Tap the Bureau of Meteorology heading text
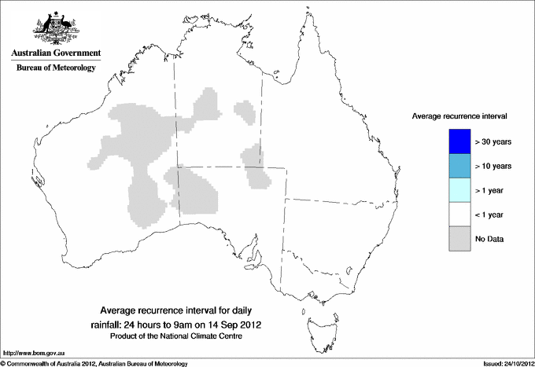pos(56,68)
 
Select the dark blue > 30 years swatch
pos(459,141)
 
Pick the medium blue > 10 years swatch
pos(459,166)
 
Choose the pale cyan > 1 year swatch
pos(459,190)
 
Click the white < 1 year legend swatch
pos(459,215)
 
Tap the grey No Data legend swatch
pos(459,238)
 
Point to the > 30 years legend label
pos(494,141)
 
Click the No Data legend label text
pos(490,238)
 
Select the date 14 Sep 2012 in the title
pos(234,324)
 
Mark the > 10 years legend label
pos(494,166)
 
